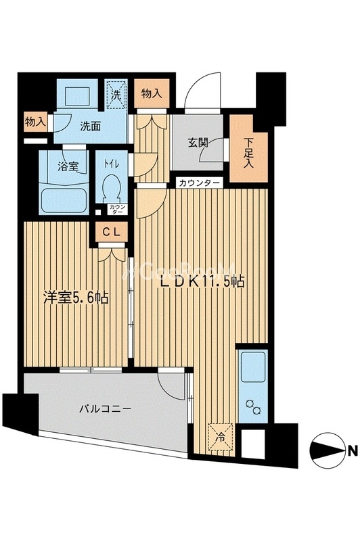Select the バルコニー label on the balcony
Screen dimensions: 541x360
103,408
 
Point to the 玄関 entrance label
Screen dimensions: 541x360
198,143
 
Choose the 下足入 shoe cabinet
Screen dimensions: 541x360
249,151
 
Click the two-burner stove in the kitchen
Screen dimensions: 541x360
253,406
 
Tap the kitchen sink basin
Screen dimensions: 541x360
254,368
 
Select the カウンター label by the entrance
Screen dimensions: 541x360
199,183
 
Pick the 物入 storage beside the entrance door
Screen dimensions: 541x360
151,95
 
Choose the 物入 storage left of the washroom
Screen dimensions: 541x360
35,122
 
